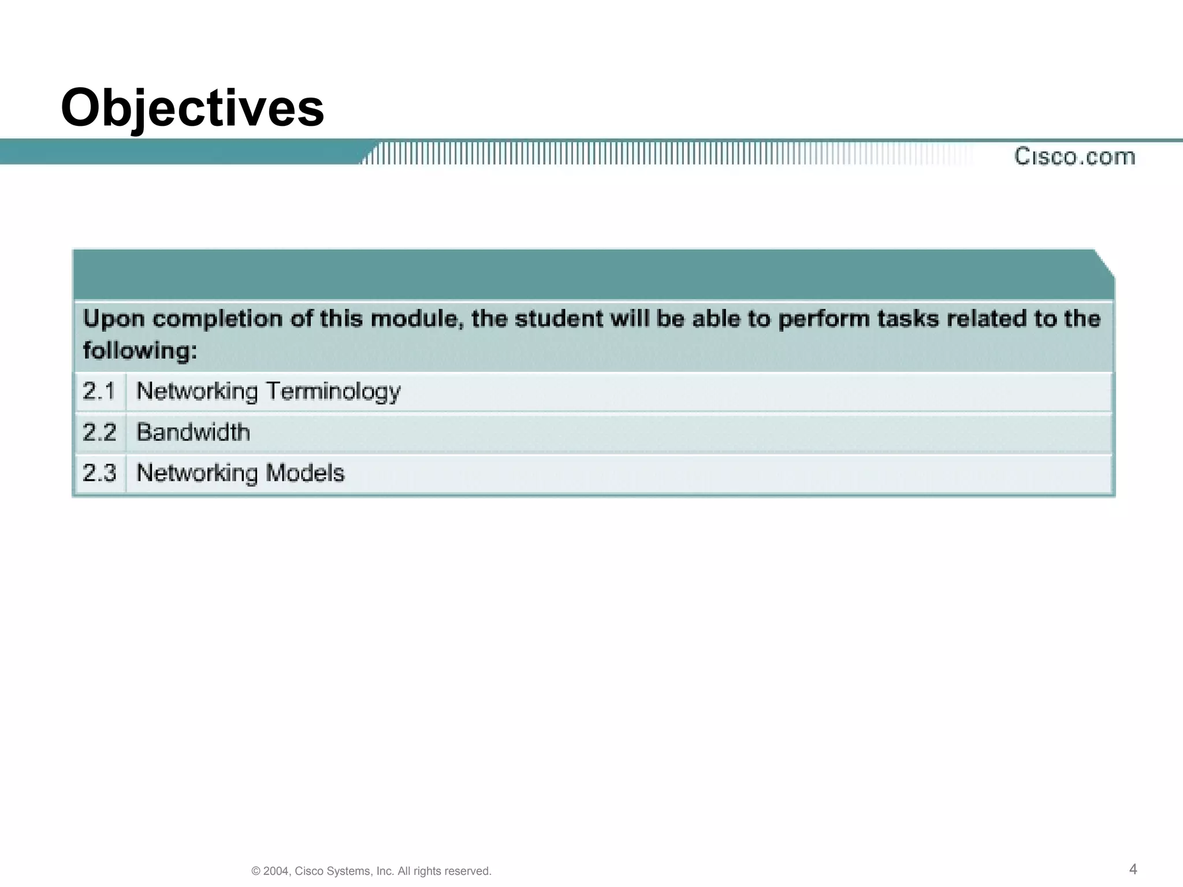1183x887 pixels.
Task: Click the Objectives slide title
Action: coord(192,109)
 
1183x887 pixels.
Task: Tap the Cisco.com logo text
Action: coord(1074,156)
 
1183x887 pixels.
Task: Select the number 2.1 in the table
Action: coord(99,392)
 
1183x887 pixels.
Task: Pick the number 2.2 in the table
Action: coord(99,433)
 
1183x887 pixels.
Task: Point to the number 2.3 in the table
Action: coord(99,473)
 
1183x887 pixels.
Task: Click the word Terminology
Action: coord(333,392)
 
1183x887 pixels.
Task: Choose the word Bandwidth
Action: coord(193,433)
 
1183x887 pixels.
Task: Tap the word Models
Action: coord(305,473)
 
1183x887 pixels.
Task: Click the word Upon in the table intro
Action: coord(113,319)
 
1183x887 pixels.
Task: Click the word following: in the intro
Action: coord(140,351)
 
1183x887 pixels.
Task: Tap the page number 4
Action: coord(1133,869)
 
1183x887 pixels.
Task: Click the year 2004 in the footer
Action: coord(276,871)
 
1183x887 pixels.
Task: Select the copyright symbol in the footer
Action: coord(255,871)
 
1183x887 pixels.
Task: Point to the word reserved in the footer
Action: coord(468,871)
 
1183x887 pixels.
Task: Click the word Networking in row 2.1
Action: coord(196,392)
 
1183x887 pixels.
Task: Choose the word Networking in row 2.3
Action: coord(196,473)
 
